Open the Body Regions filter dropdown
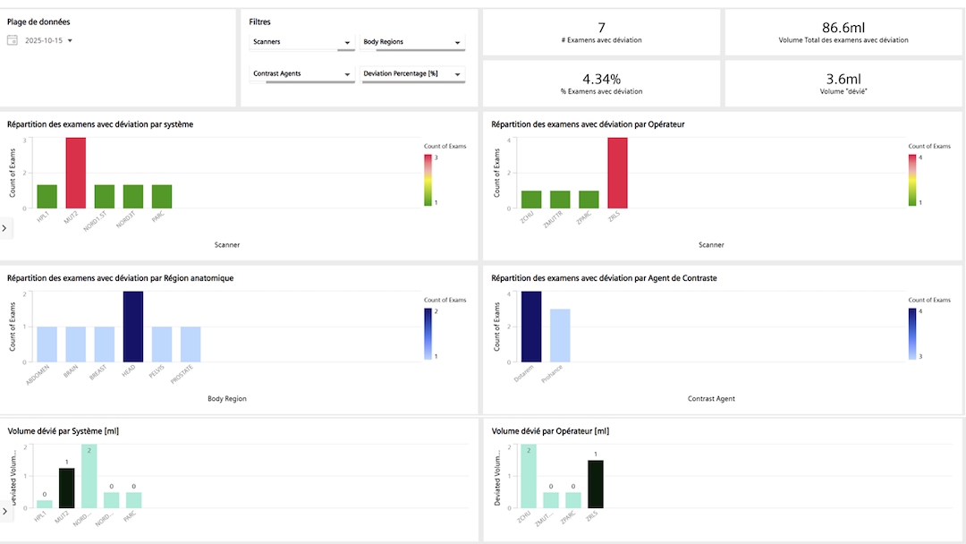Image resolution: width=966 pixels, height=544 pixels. (x=413, y=42)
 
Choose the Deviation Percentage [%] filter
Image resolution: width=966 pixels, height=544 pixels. (x=413, y=73)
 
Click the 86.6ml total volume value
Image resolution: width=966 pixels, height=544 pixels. (x=843, y=28)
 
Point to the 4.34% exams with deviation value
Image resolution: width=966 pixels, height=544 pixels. (x=601, y=79)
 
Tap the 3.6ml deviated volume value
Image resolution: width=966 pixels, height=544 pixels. (x=843, y=79)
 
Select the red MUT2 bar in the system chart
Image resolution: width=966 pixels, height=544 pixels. (x=76, y=172)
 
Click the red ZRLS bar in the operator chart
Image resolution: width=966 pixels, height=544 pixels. (x=617, y=172)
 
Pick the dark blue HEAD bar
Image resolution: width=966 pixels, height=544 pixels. (x=132, y=327)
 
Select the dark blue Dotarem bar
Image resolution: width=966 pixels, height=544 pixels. (x=531, y=327)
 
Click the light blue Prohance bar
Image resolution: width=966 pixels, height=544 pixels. (x=560, y=336)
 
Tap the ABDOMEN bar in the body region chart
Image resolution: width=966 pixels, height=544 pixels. (x=47, y=344)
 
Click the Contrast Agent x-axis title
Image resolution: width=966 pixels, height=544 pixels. (x=711, y=398)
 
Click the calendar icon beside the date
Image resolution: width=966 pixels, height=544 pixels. (x=13, y=40)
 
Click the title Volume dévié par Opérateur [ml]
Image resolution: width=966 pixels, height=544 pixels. (x=550, y=431)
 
